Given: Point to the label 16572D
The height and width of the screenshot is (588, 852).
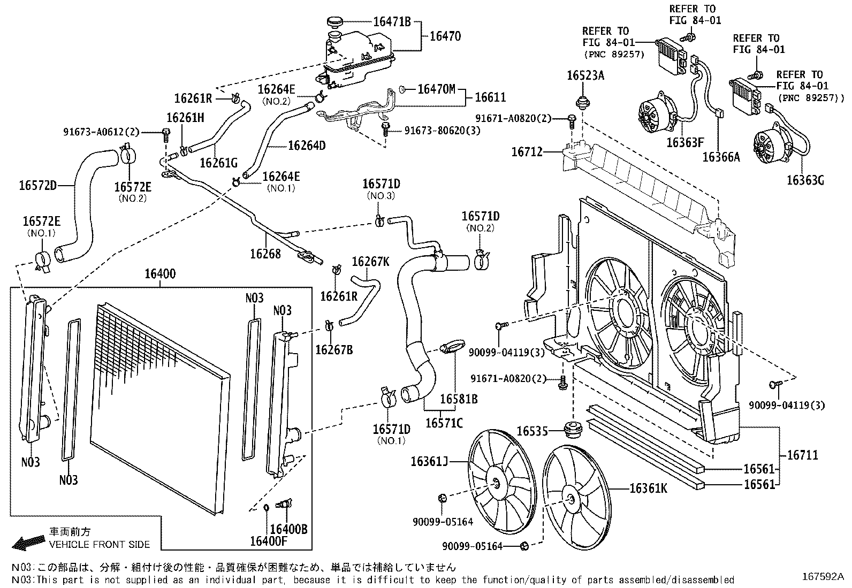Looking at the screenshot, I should pos(37,186).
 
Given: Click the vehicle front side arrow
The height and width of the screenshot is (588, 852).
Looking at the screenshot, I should pos(29,542).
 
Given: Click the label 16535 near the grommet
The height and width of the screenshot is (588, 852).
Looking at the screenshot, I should pos(532,431).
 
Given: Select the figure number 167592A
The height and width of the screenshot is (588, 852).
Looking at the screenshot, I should pos(823,577).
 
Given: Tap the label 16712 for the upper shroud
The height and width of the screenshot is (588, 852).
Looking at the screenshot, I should pos(527,152).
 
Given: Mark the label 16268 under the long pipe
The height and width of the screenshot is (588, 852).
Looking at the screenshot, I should pos(265,253).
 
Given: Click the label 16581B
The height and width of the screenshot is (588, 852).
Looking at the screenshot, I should pos(459,399).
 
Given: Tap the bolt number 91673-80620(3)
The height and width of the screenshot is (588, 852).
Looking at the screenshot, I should pos(442,131).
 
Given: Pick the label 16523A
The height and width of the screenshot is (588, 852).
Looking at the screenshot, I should pos(585,75).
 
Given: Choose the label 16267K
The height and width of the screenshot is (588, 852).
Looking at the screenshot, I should pos(370,262).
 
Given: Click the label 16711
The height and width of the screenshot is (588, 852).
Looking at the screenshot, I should pos(803,455).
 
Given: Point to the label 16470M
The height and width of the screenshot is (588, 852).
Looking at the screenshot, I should pos(436,89).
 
